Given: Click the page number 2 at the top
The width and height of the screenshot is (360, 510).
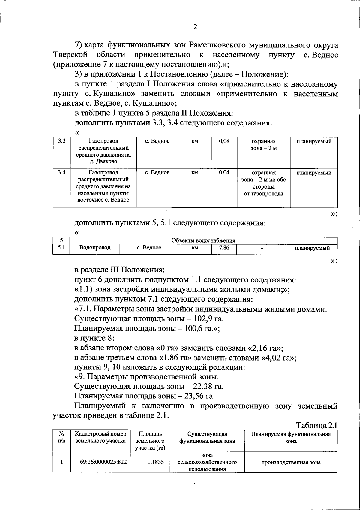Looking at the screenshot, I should pos(195,27).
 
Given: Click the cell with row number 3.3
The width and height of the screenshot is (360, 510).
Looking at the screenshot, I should pos(62,141).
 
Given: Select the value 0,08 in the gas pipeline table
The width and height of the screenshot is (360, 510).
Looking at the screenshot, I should pos(224,141).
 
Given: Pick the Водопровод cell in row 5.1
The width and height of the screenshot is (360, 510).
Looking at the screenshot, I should pos(95,248).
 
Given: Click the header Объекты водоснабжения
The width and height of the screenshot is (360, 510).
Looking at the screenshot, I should pos(203,240).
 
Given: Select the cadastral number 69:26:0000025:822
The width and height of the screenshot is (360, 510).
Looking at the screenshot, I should pos(103,462).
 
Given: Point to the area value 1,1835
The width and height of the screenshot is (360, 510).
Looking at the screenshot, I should pos(156,462).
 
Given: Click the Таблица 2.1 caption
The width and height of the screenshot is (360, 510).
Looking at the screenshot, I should pos(317,425).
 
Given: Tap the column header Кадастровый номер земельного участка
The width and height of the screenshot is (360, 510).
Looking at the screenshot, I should pos(100,437).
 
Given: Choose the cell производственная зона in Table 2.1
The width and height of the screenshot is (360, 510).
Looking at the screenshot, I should pos(291,462).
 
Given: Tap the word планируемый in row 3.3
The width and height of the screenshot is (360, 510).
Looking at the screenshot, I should pos(314,141).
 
